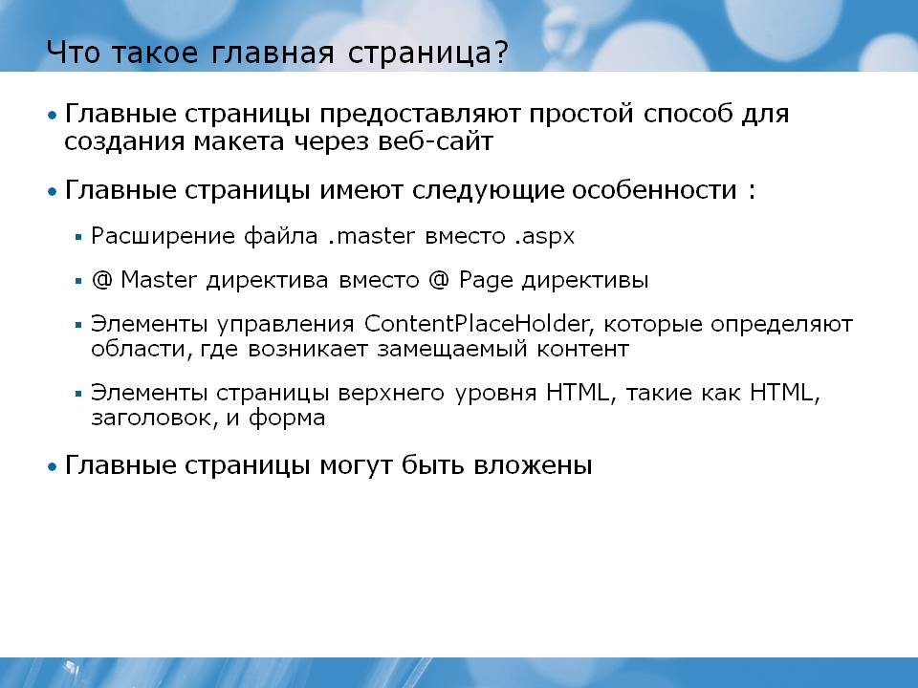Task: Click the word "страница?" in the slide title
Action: (x=428, y=53)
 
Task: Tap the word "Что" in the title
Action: (x=74, y=52)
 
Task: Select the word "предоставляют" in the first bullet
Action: (x=420, y=115)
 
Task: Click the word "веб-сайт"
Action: (x=435, y=141)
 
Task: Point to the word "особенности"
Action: (x=654, y=189)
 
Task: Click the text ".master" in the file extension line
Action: (x=371, y=236)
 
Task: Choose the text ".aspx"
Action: (x=545, y=237)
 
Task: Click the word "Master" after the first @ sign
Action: (x=159, y=280)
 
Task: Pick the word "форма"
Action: (x=287, y=418)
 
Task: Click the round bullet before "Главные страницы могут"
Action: (x=53, y=467)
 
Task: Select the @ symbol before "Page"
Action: (x=439, y=280)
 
